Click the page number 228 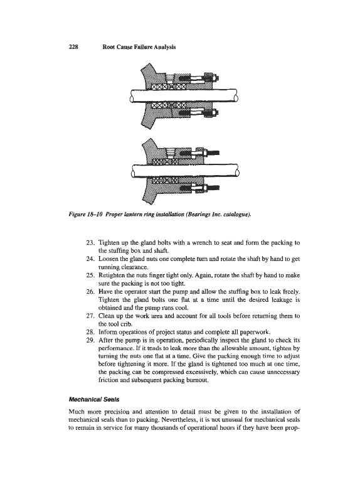pyautogui.click(x=73, y=46)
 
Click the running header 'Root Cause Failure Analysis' pyautogui.click(x=139, y=46)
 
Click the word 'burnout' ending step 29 pyautogui.click(x=198, y=380)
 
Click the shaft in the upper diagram pyautogui.click(x=184, y=96)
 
